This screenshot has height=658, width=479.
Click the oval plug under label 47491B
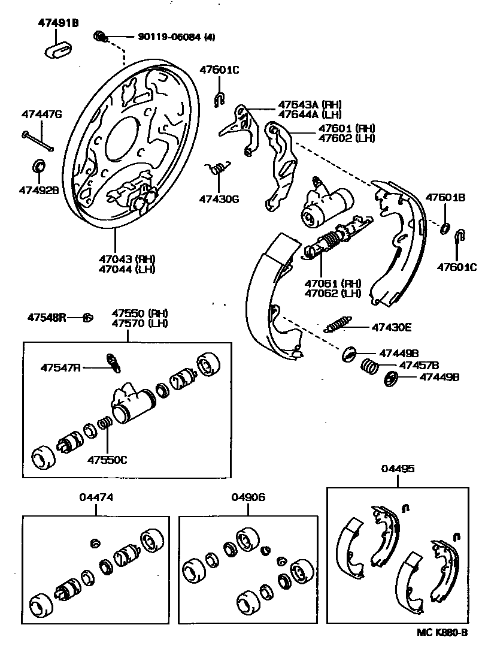pyautogui.click(x=58, y=49)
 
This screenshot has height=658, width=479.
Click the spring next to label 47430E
pyautogui.click(x=340, y=324)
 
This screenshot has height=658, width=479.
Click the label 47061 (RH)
pyautogui.click(x=332, y=283)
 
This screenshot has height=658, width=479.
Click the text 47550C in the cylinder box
pyautogui.click(x=108, y=460)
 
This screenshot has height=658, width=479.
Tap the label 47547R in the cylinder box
pyautogui.click(x=60, y=366)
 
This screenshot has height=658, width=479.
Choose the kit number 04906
pyautogui.click(x=248, y=497)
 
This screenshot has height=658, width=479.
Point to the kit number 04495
pyautogui.click(x=398, y=469)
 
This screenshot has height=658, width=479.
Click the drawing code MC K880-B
pyautogui.click(x=442, y=632)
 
